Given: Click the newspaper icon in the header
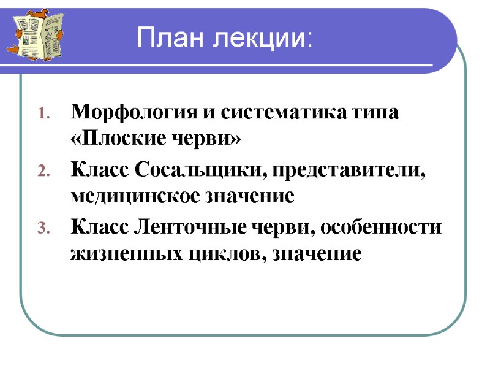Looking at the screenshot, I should point(34,34).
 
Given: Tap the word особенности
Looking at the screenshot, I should point(388,226).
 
